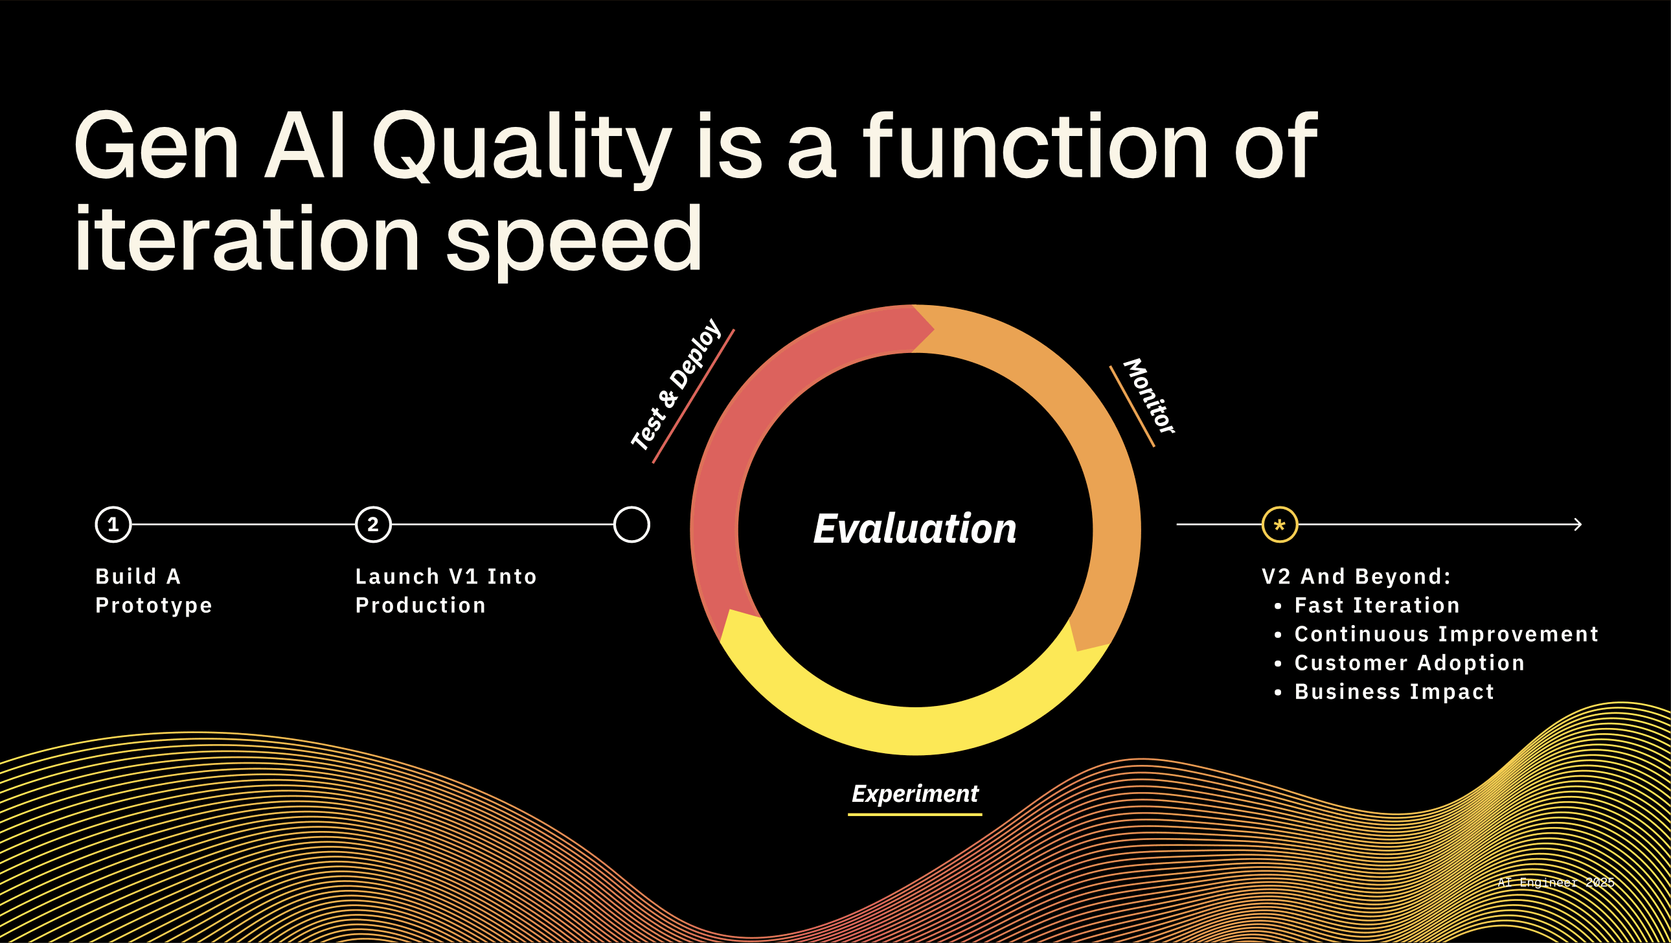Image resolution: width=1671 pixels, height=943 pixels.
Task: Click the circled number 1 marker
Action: tap(113, 524)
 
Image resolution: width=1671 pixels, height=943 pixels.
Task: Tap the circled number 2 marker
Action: tap(373, 524)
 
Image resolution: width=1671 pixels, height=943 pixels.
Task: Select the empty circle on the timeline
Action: tap(632, 524)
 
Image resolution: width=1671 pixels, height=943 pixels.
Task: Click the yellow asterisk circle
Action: tap(1280, 524)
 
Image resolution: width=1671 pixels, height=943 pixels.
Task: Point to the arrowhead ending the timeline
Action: tap(1578, 524)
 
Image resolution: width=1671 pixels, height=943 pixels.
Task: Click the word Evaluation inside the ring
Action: tap(915, 528)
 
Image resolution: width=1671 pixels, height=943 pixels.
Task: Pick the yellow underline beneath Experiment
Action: tap(915, 814)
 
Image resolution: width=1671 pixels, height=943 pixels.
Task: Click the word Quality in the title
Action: tap(521, 147)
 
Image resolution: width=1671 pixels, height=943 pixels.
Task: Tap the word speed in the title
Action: tap(574, 240)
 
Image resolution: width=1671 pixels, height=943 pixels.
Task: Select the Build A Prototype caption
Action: tap(153, 591)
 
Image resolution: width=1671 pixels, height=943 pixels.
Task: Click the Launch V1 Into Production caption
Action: tap(446, 591)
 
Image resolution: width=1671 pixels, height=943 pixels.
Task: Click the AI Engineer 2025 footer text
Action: tap(1556, 883)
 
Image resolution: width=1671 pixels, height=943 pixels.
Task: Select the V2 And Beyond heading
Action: tap(1356, 576)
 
